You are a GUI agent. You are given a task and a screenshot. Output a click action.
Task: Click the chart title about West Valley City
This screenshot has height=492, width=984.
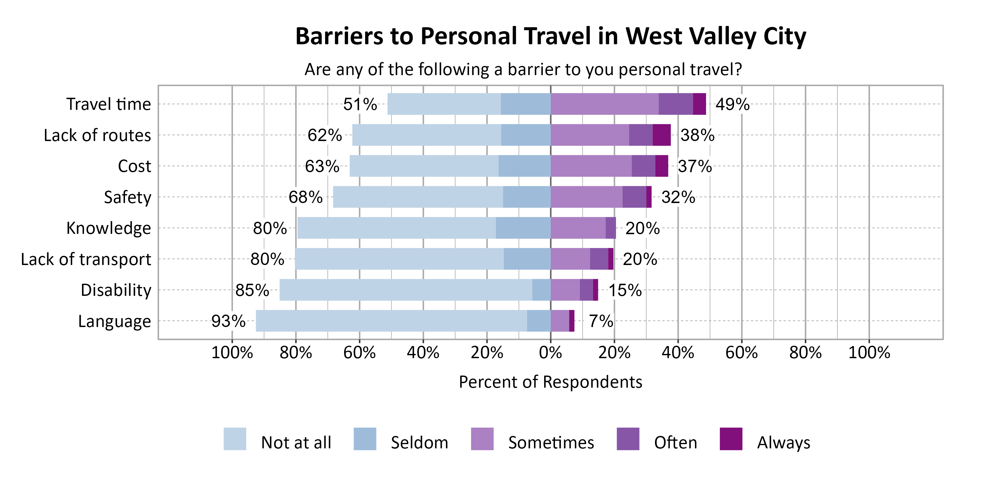click(550, 36)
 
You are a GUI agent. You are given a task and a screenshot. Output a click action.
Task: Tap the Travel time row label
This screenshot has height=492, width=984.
click(109, 104)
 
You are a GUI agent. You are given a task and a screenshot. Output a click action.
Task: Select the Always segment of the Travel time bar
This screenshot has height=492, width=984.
click(699, 104)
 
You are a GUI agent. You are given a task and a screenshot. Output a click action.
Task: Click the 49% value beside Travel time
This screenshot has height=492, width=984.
click(732, 104)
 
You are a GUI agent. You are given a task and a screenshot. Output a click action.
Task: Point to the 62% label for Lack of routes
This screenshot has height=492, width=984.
click(325, 135)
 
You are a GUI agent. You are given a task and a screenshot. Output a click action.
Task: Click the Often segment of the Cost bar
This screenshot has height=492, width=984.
click(643, 166)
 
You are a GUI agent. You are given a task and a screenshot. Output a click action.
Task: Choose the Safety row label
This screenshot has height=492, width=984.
click(127, 197)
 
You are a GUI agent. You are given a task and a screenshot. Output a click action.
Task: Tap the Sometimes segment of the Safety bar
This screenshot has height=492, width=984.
click(586, 197)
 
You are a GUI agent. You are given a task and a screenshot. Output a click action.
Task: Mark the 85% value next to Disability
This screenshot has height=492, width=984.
click(252, 290)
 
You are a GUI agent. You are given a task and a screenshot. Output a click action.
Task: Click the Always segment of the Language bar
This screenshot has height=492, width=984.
click(571, 321)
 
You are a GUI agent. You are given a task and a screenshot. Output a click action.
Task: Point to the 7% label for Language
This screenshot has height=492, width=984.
click(601, 321)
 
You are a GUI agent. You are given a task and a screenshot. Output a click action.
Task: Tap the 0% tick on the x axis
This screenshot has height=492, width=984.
click(550, 353)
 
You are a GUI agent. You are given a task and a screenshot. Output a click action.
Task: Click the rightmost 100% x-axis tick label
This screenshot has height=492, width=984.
click(869, 353)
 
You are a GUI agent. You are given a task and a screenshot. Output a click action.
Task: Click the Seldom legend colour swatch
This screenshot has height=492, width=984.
click(365, 439)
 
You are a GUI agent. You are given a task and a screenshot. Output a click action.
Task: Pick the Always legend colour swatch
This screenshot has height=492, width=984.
click(731, 439)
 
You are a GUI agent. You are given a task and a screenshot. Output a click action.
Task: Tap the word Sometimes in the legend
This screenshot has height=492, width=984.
click(551, 443)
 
